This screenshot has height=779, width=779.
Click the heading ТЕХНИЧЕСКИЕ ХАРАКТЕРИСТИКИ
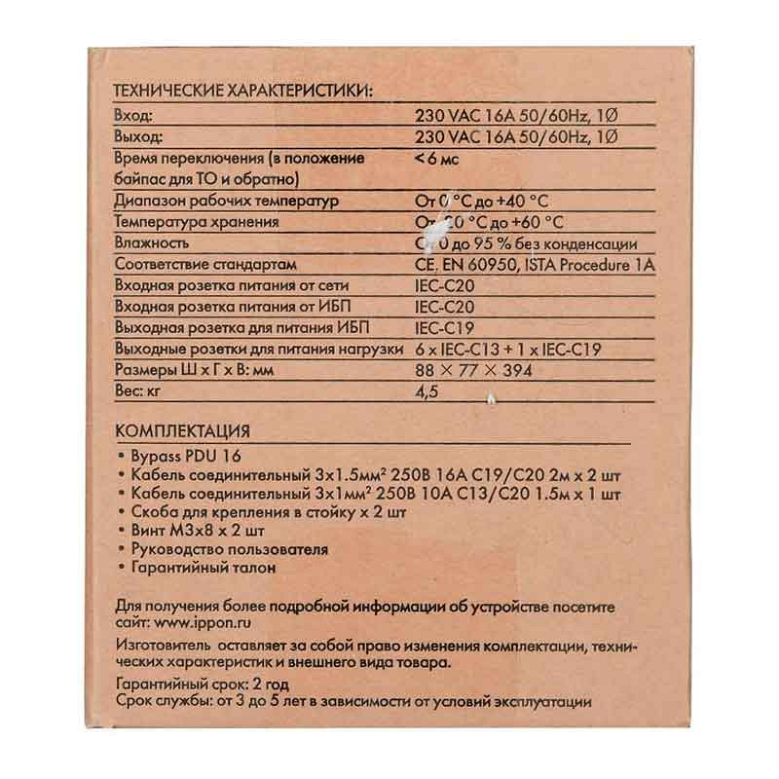tap(242, 93)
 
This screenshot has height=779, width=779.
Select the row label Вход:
tap(134, 115)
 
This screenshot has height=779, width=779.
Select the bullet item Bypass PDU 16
tap(184, 456)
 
